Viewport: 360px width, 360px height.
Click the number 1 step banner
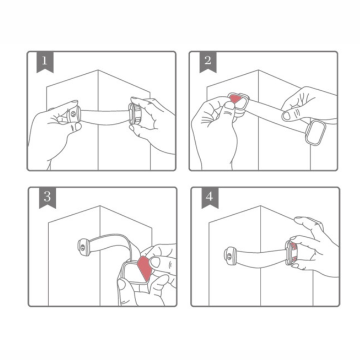tap(45, 62)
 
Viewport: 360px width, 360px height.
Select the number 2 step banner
tap(208, 62)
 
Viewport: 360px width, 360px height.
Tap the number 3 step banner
tap(47, 197)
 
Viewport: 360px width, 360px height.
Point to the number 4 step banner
tap(210, 197)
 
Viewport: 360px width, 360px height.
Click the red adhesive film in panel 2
tap(236, 98)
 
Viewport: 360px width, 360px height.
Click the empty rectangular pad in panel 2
tap(315, 133)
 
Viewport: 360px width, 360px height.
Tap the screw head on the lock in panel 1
tap(73, 113)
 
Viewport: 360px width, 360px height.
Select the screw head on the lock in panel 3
tap(82, 247)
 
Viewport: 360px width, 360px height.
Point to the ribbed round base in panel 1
tap(134, 114)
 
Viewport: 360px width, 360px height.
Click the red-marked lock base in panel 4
tap(291, 253)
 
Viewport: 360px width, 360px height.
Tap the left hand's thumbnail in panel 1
tap(78, 126)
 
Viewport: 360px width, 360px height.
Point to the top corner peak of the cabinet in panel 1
tap(98, 70)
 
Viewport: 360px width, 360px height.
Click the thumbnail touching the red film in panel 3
tap(155, 262)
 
